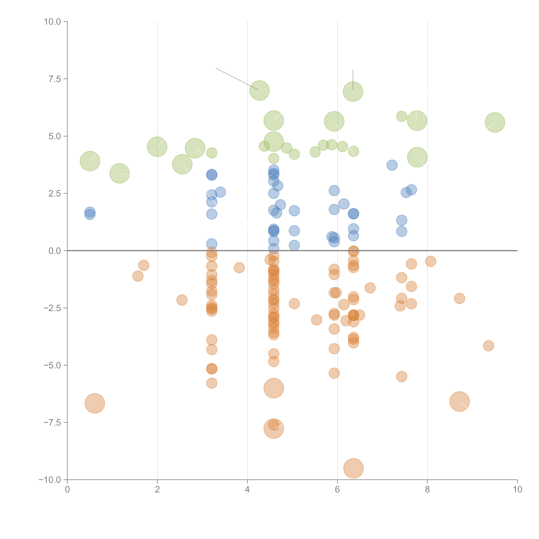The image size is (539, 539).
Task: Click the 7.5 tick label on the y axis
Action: pos(55,79)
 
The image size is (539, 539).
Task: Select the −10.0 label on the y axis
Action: pos(50,480)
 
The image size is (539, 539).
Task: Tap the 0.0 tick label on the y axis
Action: pos(55,251)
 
